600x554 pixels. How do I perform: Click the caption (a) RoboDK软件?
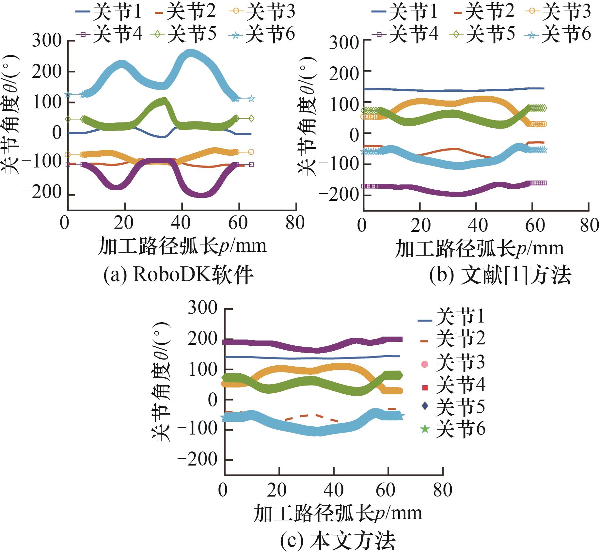179,275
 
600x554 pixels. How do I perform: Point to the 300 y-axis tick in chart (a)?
47,41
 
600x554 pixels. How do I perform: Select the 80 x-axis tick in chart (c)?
442,490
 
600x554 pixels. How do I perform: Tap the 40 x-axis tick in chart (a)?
182,223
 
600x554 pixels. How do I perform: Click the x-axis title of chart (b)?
479,248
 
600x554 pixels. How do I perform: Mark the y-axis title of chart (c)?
161,382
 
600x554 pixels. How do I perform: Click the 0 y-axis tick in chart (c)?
213,400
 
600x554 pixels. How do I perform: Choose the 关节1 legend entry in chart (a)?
109,12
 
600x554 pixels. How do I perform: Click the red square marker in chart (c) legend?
425,388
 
